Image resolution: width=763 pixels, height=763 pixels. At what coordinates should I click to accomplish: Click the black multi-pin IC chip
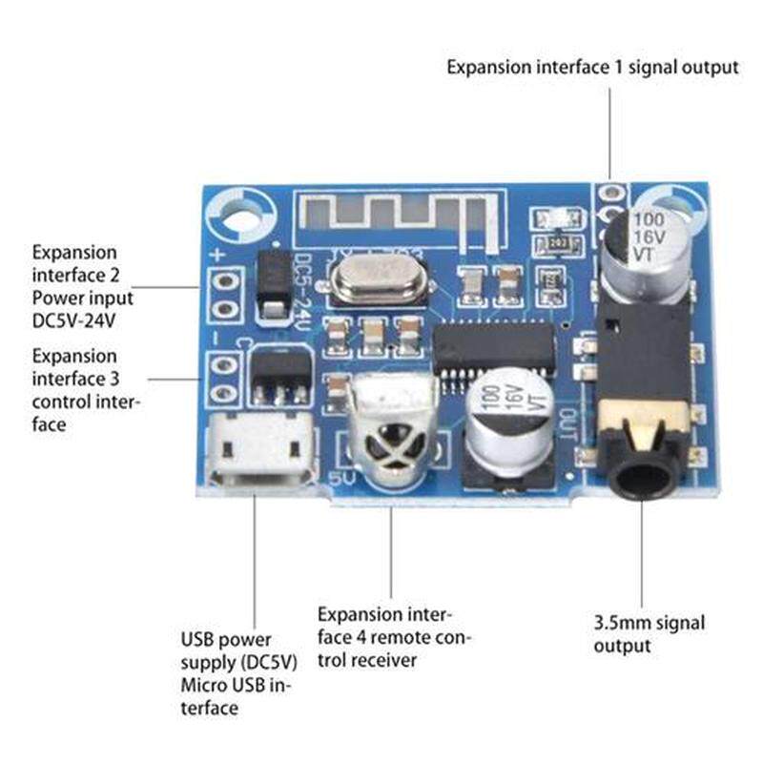pyautogui.click(x=494, y=346)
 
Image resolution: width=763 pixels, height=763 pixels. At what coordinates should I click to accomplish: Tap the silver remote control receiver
pyautogui.click(x=392, y=430)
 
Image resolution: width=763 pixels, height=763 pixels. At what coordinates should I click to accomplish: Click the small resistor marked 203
pyautogui.click(x=556, y=245)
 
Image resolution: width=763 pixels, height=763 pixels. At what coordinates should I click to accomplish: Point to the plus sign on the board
pyautogui.click(x=217, y=255)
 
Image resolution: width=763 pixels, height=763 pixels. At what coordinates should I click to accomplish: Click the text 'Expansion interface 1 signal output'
pyautogui.click(x=592, y=68)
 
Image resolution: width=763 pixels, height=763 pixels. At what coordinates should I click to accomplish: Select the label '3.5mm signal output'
pyautogui.click(x=650, y=634)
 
